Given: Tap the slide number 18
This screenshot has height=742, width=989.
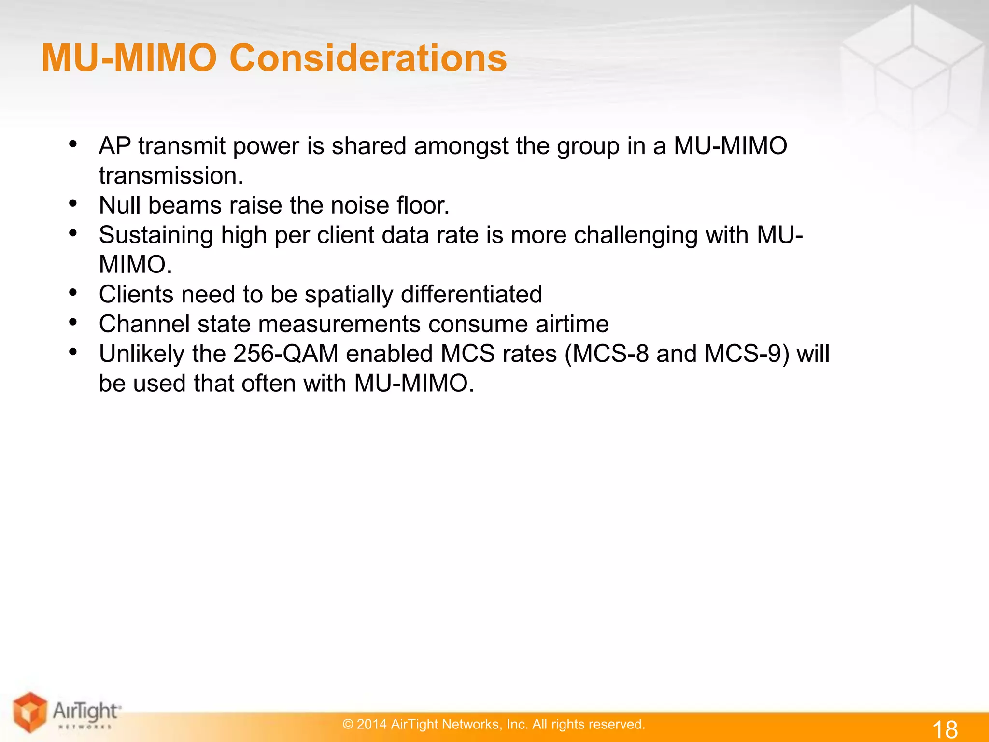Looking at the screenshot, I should point(945,728).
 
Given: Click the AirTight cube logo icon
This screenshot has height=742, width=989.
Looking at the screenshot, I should point(30,712).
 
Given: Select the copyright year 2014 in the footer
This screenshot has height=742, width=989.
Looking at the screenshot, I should point(371,724).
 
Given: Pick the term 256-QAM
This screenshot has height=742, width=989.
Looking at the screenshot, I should point(285,354).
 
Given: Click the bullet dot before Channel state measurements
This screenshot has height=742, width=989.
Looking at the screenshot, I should point(73,322).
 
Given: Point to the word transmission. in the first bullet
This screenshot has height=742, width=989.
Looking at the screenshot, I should point(171,176).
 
